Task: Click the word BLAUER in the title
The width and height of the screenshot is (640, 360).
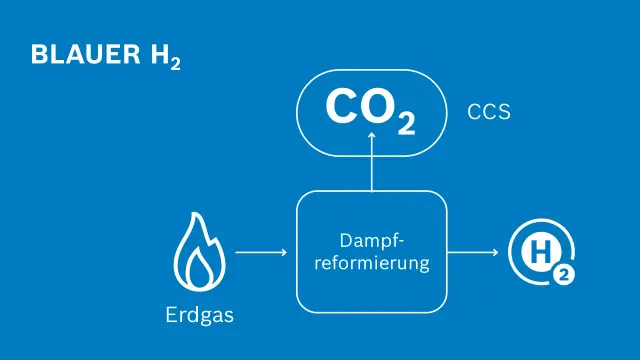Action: click(x=79, y=55)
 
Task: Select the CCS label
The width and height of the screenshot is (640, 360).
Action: click(x=489, y=112)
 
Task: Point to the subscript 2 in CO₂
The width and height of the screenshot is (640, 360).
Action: click(x=406, y=124)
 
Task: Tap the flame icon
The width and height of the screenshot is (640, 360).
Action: click(x=199, y=256)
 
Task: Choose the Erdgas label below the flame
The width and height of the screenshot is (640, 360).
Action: click(x=199, y=316)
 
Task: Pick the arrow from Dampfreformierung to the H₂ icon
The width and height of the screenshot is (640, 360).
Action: click(x=474, y=253)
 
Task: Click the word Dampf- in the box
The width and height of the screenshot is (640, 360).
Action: click(x=371, y=242)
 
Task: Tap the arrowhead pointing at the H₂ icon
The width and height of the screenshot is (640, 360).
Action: click(x=495, y=253)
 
